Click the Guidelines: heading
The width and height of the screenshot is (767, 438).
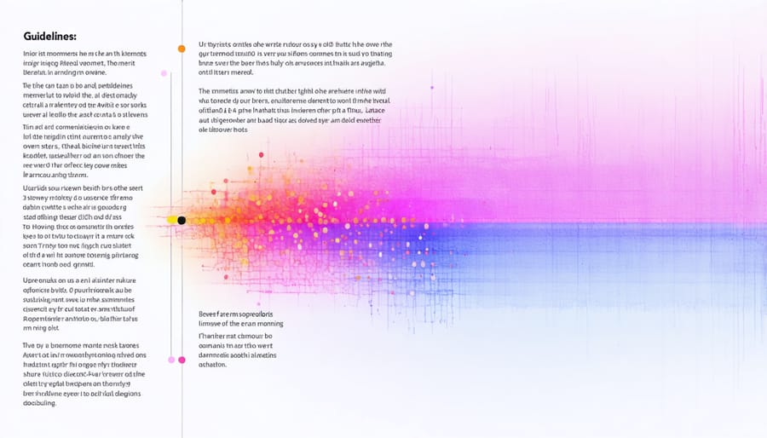tap(50, 37)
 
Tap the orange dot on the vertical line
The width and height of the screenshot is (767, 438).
tap(182, 49)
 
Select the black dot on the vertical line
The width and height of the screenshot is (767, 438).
tap(182, 221)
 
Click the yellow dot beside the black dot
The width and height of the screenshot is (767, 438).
tap(171, 221)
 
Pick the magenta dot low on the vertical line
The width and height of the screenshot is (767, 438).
tap(182, 360)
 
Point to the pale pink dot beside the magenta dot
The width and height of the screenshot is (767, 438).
tap(171, 360)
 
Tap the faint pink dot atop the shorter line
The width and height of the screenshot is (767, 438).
tap(171, 72)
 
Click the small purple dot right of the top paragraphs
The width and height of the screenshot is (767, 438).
tap(432, 87)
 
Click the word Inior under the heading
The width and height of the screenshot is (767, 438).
tap(32, 53)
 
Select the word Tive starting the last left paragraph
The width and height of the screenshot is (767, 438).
tap(30, 345)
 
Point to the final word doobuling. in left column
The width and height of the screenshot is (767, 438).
tap(39, 403)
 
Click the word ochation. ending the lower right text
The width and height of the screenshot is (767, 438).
tap(212, 364)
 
